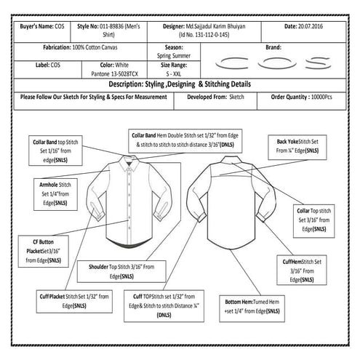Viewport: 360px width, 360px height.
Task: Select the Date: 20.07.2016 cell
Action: (311, 27)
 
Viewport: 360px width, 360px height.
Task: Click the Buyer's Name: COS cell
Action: (42, 27)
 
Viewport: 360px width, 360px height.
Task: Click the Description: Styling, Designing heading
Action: (180, 84)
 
